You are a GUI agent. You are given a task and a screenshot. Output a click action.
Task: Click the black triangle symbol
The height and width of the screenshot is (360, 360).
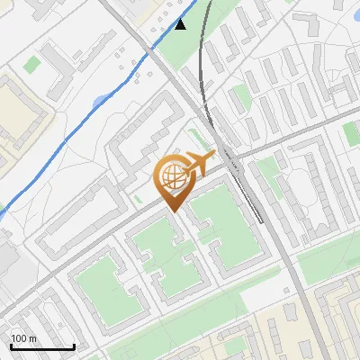tap(181, 23)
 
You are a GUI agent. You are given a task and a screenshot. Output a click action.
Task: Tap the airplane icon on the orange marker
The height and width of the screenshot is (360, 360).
tap(199, 162)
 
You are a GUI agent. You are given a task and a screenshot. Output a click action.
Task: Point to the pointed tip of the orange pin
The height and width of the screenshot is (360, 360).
tap(172, 211)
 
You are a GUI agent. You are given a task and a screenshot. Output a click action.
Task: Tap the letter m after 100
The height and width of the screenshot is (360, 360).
tap(32, 338)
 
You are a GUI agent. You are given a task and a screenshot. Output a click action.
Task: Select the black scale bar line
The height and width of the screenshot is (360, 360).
tap(42, 346)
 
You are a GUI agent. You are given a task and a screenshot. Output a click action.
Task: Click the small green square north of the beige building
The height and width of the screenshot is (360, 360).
tap(33, 64)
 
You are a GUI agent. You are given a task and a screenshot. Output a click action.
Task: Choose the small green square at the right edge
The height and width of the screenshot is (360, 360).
tap(351, 133)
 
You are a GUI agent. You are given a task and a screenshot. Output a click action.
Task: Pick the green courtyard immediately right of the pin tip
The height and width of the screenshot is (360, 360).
tap(216, 220)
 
